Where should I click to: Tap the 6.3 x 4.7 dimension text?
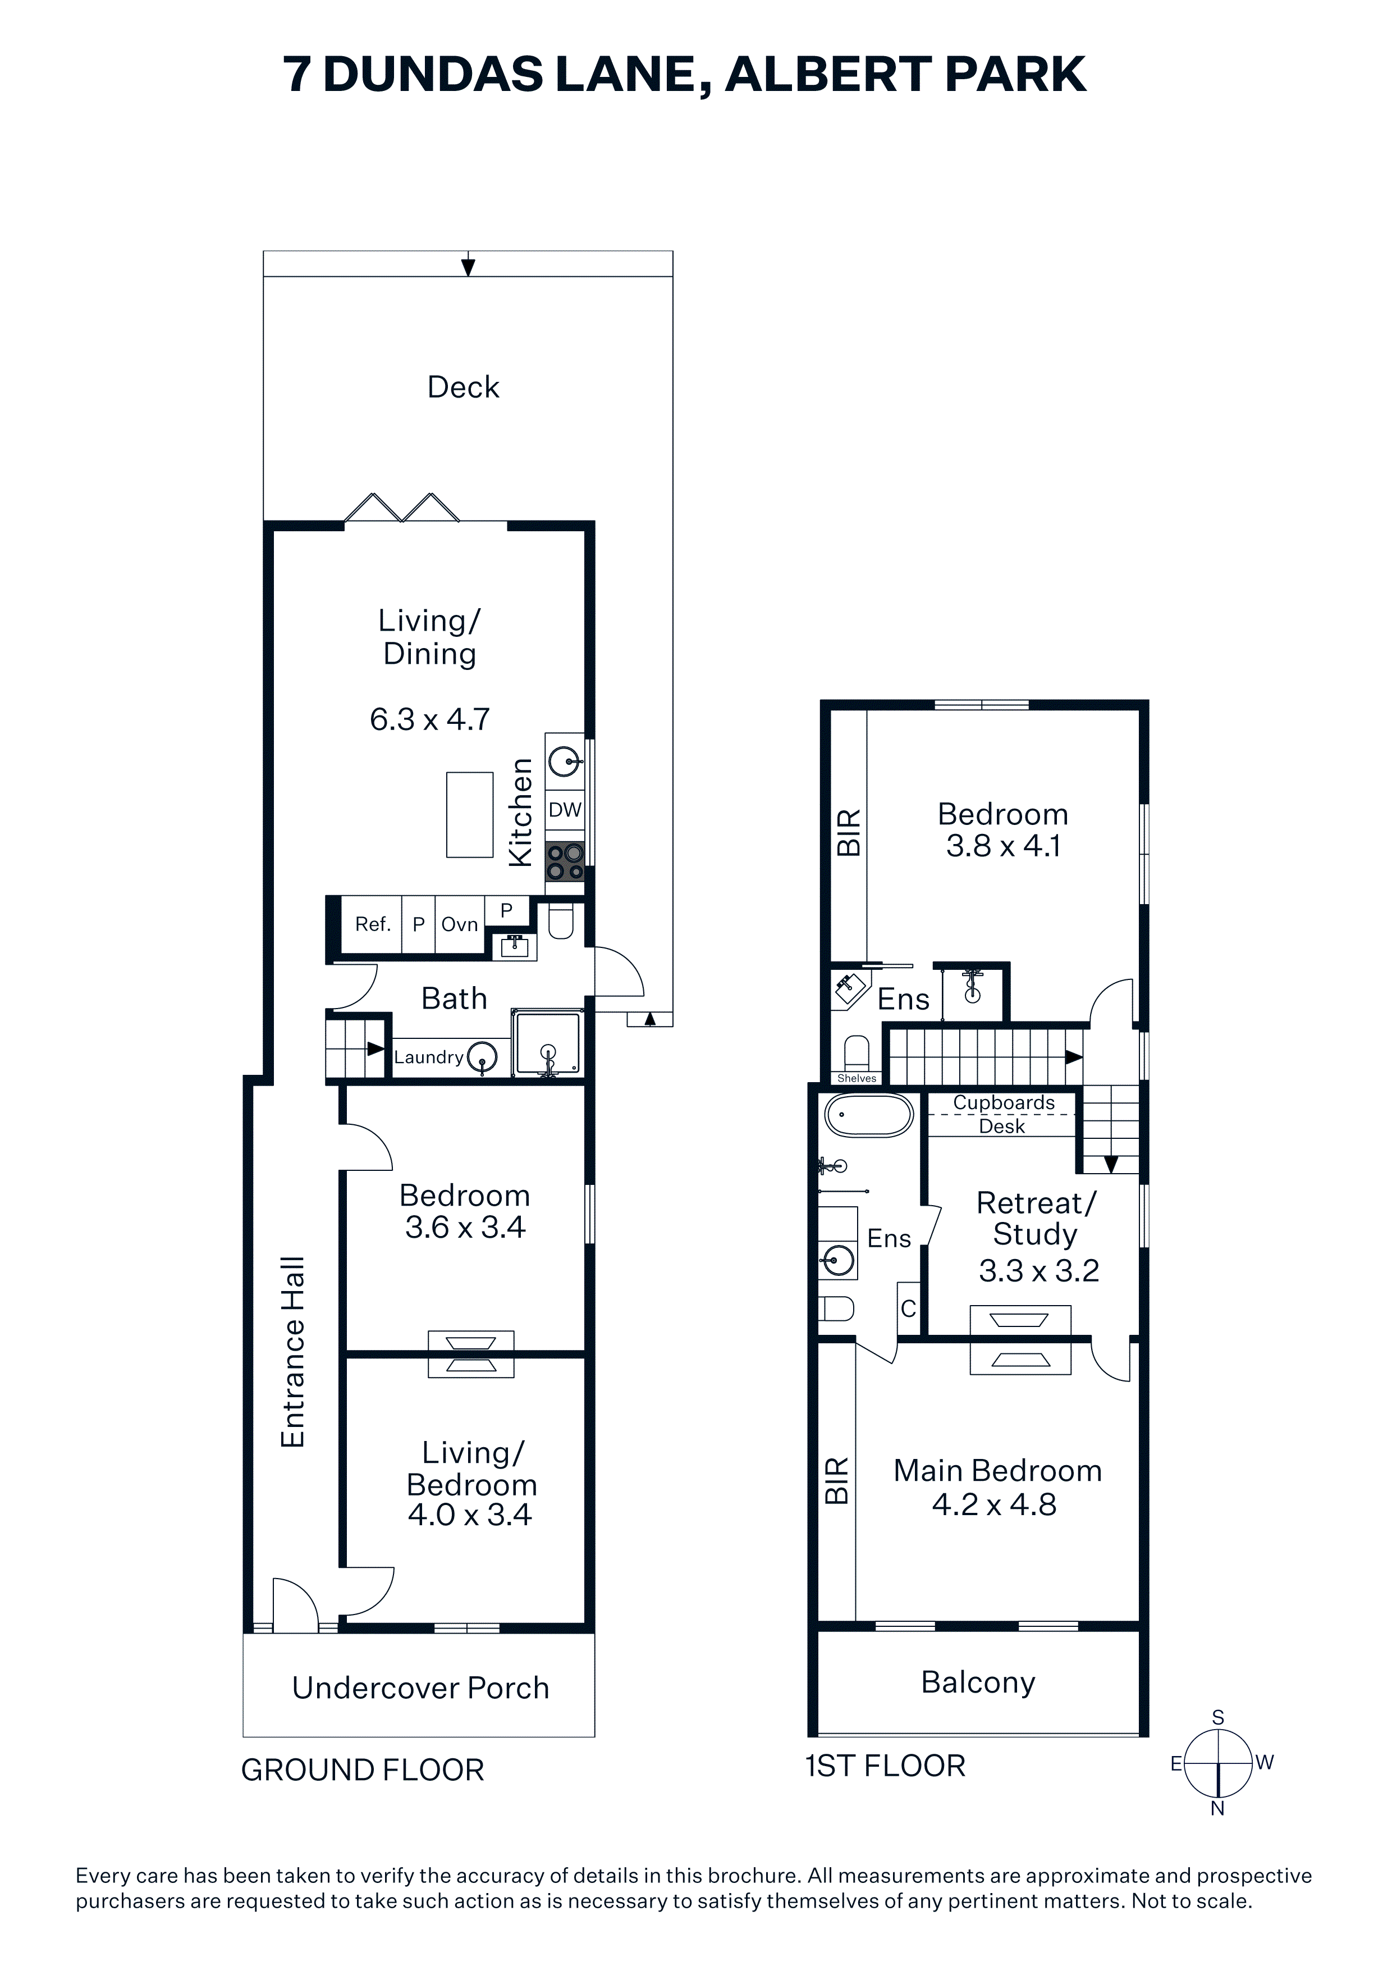pyautogui.click(x=430, y=719)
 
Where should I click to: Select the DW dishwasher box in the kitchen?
pyautogui.click(x=565, y=809)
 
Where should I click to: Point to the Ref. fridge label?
pyautogui.click(x=373, y=924)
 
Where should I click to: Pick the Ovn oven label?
pyautogui.click(x=460, y=924)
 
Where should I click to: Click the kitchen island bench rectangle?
pyautogui.click(x=470, y=815)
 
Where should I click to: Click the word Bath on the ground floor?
pyautogui.click(x=455, y=998)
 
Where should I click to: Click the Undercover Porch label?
pyautogui.click(x=420, y=1688)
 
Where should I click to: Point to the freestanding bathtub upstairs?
pyautogui.click(x=869, y=1115)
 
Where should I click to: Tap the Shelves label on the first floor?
pyautogui.click(x=857, y=1079)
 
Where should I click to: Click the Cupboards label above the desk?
pyautogui.click(x=1004, y=1102)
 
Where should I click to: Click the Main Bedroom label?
pyautogui.click(x=997, y=1471)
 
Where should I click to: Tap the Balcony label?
pyautogui.click(x=978, y=1682)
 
